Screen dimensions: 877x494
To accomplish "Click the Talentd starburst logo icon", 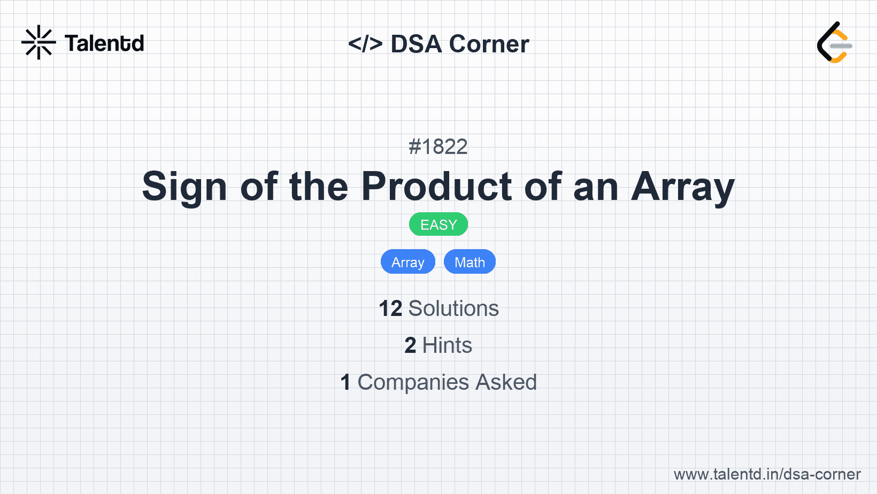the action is point(39,42).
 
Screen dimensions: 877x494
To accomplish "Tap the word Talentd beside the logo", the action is point(104,43).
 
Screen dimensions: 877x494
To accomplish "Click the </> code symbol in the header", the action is point(365,43).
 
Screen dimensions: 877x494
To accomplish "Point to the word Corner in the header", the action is point(489,43).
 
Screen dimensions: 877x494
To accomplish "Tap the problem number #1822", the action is point(438,147).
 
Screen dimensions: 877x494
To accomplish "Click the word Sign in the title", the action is point(184,187).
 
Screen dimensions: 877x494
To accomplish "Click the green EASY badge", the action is point(438,225).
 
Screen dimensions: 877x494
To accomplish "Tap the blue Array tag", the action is point(408,261).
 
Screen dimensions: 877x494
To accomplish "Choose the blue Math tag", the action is point(470,261).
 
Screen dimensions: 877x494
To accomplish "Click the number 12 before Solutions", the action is point(390,308).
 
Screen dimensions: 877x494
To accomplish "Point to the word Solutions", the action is point(454,308).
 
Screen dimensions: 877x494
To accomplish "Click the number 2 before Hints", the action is point(410,345).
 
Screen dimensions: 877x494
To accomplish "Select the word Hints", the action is point(447,345).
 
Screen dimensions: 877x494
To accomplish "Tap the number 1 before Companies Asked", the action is point(345,382).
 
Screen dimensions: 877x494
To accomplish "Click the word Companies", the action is point(413,382).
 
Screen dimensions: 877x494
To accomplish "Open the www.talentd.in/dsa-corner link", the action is point(767,474).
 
